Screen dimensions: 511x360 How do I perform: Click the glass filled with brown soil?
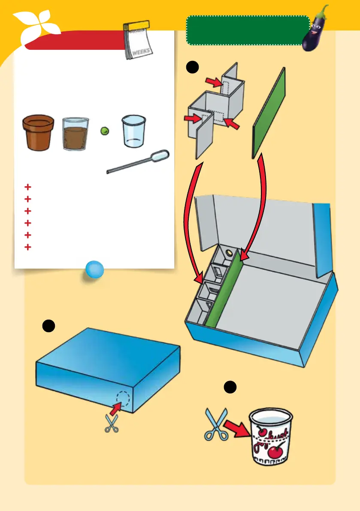click(75, 134)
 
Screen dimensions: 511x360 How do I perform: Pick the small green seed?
click(103, 131)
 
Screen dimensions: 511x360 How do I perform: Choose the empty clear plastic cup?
click(133, 130)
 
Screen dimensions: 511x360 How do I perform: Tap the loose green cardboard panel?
click(269, 113)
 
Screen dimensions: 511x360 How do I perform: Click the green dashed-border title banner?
click(248, 30)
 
